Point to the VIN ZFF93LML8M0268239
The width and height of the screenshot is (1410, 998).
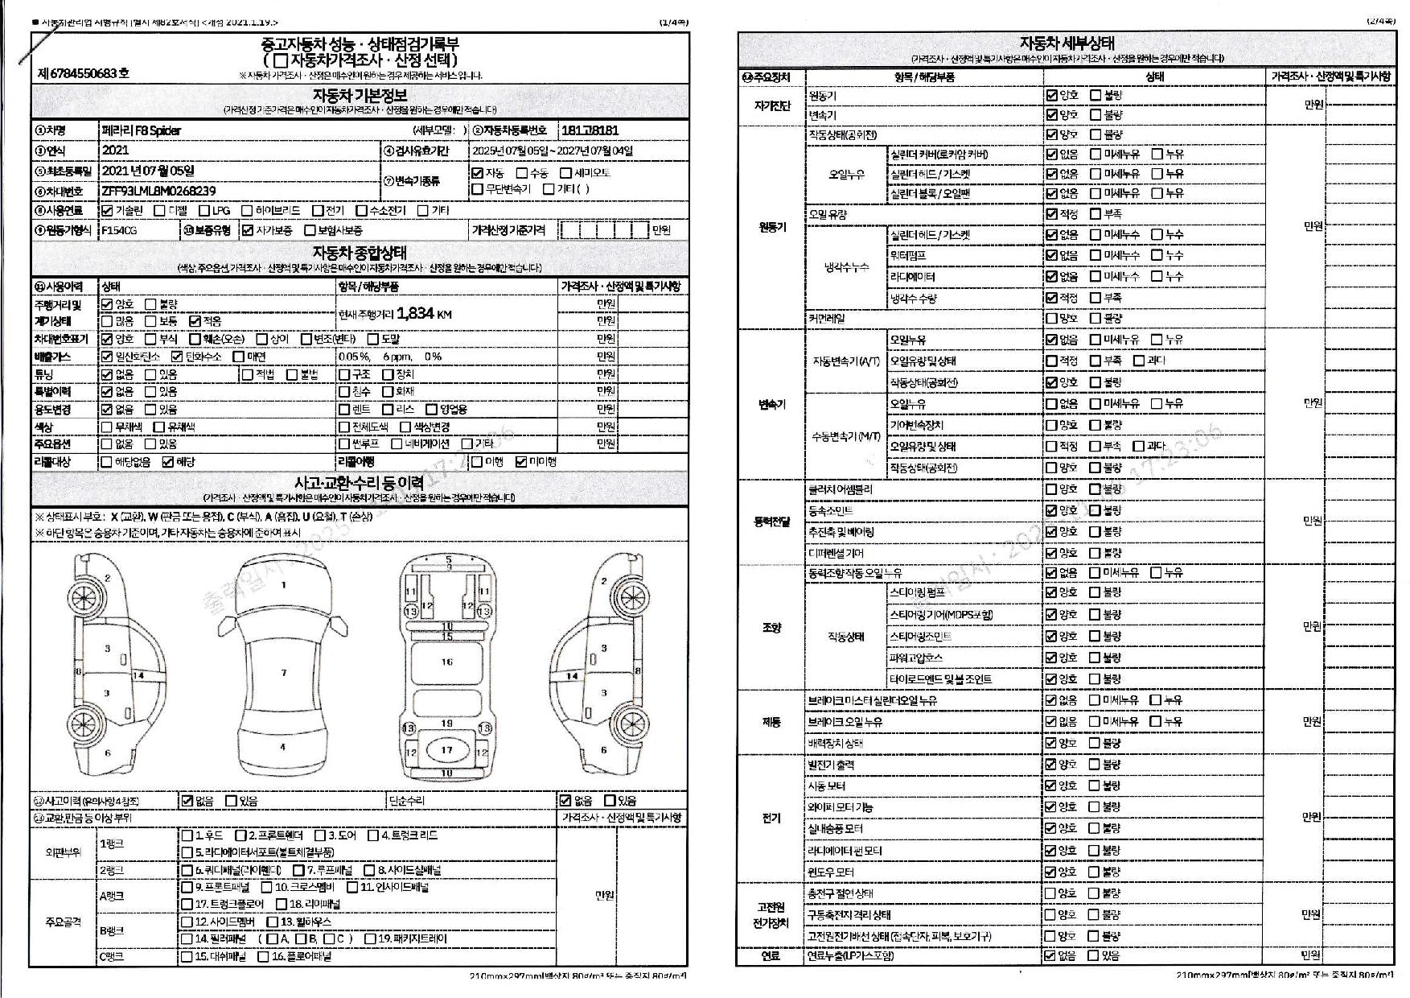click(158, 191)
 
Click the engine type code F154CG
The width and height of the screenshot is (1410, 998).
click(119, 230)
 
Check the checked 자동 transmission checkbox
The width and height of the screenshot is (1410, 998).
click(478, 173)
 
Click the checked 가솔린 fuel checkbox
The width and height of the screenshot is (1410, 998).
click(108, 211)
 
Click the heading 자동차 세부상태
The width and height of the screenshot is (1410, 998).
click(1067, 43)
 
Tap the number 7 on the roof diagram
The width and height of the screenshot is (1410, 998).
click(284, 673)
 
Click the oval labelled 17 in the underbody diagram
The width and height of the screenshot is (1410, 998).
click(446, 750)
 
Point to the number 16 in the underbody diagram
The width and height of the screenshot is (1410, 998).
click(446, 662)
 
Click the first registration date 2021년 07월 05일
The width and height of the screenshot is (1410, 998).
click(148, 171)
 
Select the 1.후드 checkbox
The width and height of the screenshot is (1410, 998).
click(187, 835)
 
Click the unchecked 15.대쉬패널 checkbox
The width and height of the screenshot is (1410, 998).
click(187, 957)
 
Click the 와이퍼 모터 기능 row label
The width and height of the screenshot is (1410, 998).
click(841, 807)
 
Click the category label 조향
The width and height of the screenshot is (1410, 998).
click(771, 628)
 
